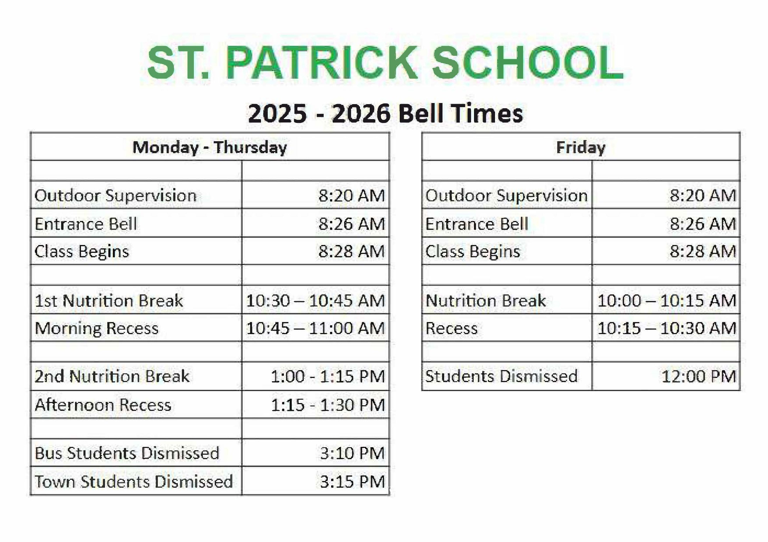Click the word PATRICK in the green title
321,63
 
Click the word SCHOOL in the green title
528,63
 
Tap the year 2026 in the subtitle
361,113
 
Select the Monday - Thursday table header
210,147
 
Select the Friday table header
580,147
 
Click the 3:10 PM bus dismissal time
352,453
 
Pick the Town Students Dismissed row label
133,482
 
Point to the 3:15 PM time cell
352,482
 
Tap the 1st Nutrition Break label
109,301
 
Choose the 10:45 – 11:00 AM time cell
315,328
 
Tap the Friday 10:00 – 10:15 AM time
666,301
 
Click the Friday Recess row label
451,328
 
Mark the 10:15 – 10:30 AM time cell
666,328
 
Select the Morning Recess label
96,328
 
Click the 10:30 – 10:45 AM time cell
315,301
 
